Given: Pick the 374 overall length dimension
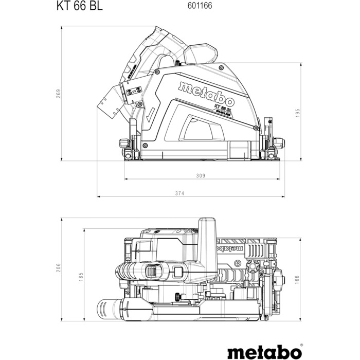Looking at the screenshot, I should pos(179,193).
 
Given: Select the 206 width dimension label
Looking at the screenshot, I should pos(59,274).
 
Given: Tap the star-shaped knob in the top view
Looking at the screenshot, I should pos(252,267).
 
